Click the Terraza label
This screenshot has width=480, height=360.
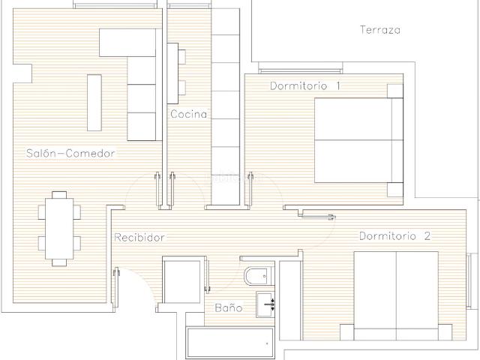click(380, 30)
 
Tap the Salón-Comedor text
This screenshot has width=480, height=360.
click(70, 153)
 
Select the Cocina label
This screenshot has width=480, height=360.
click(188, 114)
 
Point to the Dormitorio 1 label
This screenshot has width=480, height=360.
click(305, 85)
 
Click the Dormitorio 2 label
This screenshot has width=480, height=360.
click(395, 236)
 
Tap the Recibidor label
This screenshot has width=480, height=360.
click(139, 237)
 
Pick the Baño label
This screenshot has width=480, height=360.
click(228, 307)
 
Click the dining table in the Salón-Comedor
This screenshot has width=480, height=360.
click(59, 229)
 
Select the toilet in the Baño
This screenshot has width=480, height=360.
click(259, 277)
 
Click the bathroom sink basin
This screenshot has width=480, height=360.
click(265, 305)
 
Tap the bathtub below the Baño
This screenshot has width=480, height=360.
click(229, 343)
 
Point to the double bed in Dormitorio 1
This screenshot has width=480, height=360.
click(358, 140)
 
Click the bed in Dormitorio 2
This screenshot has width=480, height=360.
click(396, 295)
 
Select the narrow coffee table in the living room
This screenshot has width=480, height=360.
click(94, 103)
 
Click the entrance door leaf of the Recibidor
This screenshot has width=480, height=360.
click(116, 289)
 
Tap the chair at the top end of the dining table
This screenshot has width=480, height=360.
click(59, 195)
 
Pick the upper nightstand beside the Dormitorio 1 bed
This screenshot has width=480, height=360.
click(395, 91)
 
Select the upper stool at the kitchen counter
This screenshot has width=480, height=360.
click(181, 57)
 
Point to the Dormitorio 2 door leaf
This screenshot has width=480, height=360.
click(317, 217)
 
